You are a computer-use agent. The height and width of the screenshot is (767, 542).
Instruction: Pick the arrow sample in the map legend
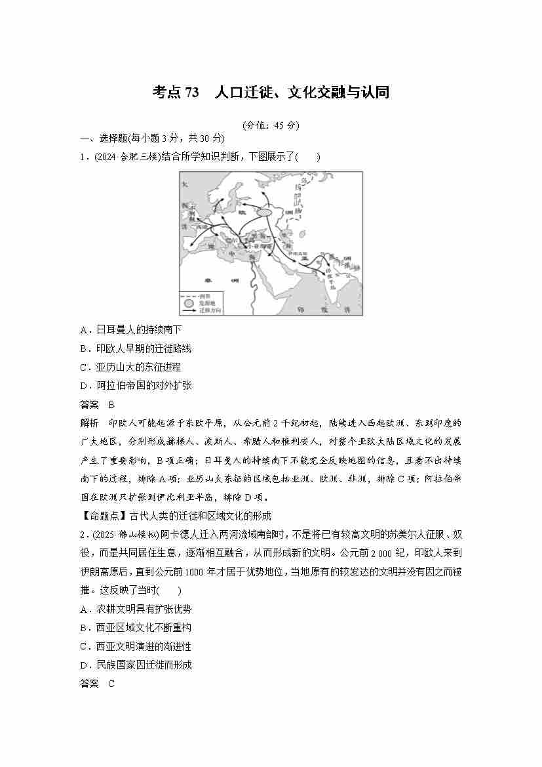click(188, 310)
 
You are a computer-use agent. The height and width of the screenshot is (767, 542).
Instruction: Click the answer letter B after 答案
click(111, 404)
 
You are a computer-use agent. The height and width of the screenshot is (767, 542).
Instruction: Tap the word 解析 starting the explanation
click(89, 423)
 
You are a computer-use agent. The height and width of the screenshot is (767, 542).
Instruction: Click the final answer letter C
click(111, 684)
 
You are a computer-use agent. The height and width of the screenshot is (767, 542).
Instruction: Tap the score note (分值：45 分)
click(270, 125)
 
